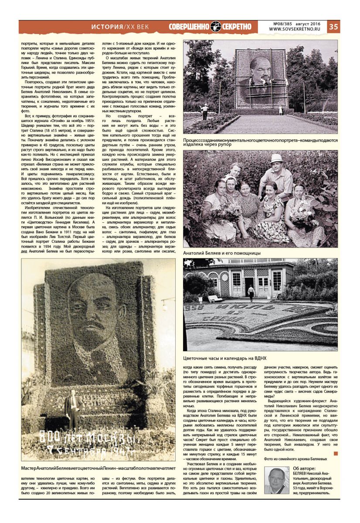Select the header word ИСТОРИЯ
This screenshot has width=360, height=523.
click(107, 27)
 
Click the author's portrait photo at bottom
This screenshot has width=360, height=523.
click(277, 480)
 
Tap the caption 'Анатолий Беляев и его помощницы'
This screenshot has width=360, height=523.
click(222, 253)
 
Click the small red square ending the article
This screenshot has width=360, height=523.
click(335, 454)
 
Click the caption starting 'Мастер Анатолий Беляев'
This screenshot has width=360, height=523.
click(98, 468)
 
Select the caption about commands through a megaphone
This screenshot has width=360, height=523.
click(260, 142)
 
